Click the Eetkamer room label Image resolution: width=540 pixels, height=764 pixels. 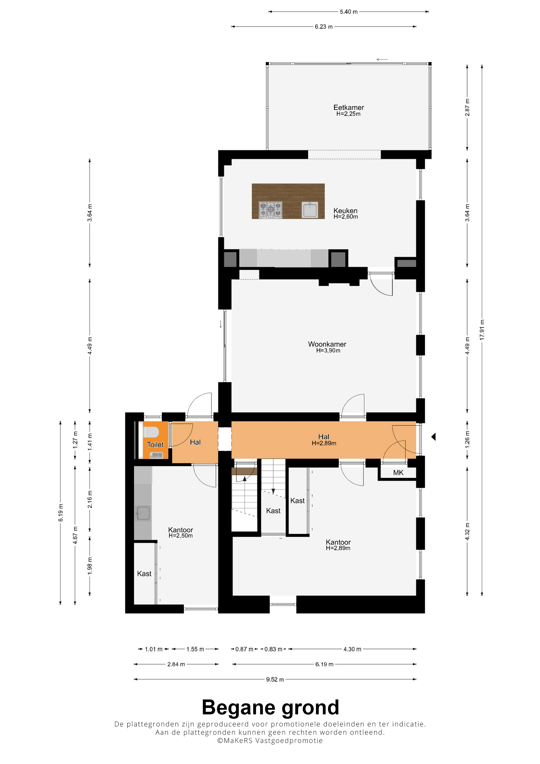point(348,107)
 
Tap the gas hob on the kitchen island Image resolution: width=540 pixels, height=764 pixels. point(271,210)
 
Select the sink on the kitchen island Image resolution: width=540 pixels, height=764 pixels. point(310,210)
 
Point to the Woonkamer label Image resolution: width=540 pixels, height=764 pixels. point(327,344)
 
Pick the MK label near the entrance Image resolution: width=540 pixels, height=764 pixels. point(398,472)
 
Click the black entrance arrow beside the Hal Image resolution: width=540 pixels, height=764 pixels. point(434,437)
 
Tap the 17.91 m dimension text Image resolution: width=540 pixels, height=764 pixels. point(482,330)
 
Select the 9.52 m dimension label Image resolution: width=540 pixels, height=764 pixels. point(275,679)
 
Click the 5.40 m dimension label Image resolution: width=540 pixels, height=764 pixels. point(349,12)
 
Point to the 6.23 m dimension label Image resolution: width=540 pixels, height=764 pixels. point(324,27)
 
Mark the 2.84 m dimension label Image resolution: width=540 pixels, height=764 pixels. point(176,664)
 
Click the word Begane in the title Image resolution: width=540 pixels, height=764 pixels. point(240,707)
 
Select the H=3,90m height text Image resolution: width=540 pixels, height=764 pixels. point(328,350)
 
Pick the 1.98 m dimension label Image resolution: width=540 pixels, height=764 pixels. point(90,566)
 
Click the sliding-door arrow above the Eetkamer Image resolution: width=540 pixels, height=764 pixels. point(382,60)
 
